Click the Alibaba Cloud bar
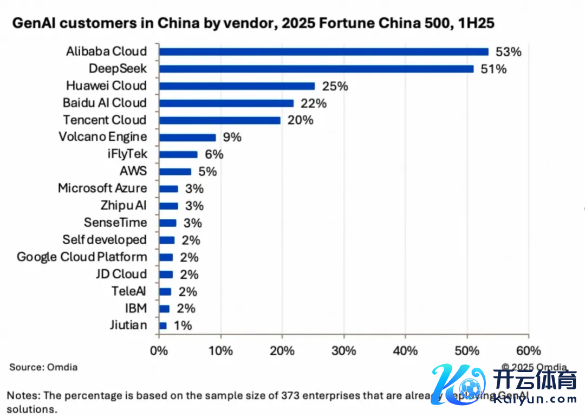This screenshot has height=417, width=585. point(323,51)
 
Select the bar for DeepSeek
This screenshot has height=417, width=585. point(316,69)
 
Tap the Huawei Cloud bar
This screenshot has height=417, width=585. point(237,86)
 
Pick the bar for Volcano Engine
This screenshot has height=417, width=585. point(187,138)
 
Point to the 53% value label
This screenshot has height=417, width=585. point(508,52)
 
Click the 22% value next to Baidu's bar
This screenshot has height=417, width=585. point(314,103)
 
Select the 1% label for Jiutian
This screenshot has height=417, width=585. point(182,326)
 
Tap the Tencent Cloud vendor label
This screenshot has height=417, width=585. point(105,120)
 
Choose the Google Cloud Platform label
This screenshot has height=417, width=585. point(82,257)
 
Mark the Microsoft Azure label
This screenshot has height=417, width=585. point(102,188)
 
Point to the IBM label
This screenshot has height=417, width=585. point(135,309)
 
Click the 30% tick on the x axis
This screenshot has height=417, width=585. point(343,351)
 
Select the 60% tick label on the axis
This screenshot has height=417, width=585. point(528,351)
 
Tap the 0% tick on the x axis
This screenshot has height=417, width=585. point(159,351)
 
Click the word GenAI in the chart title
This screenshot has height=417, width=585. point(32,23)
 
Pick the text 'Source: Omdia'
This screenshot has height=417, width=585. point(43,367)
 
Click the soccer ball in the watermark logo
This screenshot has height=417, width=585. point(469,388)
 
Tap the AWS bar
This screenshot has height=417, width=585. point(175,172)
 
